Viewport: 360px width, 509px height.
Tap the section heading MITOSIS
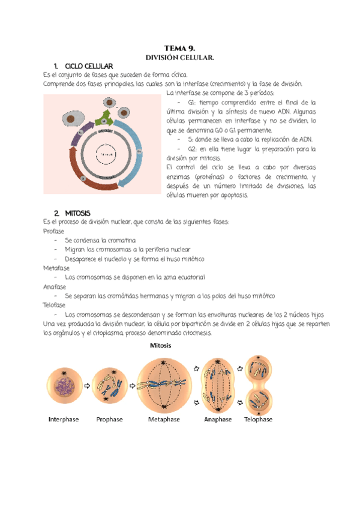coord(77,213)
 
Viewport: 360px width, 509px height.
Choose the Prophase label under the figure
coord(110,420)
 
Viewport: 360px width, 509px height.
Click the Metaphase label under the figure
coord(164,420)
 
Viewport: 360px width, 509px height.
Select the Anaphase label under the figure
coord(218,420)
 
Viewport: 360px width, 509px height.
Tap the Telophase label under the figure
coord(258,420)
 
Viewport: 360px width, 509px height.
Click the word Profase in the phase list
coord(53,231)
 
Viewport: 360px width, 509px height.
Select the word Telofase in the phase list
coord(54,305)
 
